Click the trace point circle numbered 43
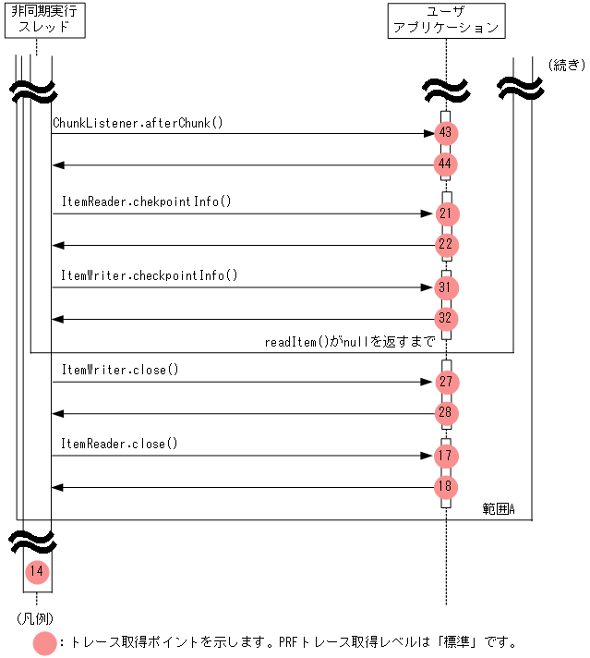(x=446, y=133)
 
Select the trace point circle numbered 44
(x=446, y=164)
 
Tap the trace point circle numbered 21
(x=446, y=213)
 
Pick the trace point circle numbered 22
(x=446, y=245)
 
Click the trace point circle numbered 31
(x=446, y=287)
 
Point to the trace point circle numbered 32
(x=446, y=319)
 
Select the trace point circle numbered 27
(x=446, y=382)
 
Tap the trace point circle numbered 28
(x=446, y=413)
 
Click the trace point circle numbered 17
(x=446, y=456)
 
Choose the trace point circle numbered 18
(x=446, y=487)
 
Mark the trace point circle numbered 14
(x=36, y=571)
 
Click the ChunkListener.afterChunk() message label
(x=138, y=122)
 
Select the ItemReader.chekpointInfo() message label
(x=147, y=201)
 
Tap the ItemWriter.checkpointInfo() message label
(x=150, y=275)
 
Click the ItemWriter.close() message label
(x=120, y=370)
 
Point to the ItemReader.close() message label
(x=120, y=444)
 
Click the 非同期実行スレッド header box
(x=44, y=20)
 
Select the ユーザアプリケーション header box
(x=446, y=20)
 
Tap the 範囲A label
(x=499, y=509)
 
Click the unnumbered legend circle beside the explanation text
(x=44, y=642)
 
